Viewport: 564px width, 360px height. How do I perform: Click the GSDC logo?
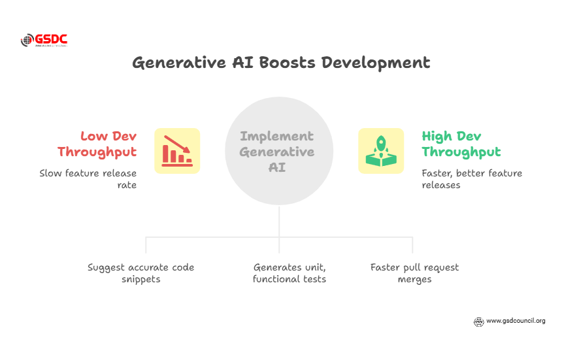click(44, 41)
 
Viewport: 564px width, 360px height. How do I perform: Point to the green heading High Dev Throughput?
click(461, 144)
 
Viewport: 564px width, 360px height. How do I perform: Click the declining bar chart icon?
click(177, 150)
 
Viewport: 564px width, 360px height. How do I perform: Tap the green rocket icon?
click(381, 150)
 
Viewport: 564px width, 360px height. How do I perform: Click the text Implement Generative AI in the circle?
click(277, 152)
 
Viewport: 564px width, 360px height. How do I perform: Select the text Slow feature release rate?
click(88, 179)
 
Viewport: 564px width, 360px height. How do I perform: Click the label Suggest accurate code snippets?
click(141, 273)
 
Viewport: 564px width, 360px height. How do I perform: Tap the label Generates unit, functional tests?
click(290, 273)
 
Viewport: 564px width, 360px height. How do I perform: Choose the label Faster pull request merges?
click(414, 273)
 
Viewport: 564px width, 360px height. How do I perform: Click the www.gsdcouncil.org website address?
click(516, 321)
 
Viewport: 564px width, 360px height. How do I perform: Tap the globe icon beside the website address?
click(478, 321)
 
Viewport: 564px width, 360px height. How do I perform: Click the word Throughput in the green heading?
click(461, 152)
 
